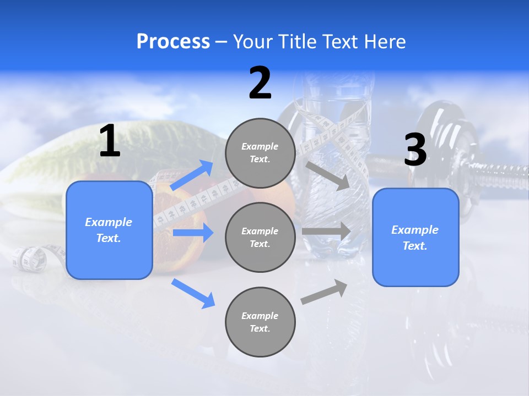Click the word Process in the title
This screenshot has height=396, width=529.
point(173,42)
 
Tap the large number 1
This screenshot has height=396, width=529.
point(110,141)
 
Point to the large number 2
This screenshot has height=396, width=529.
point(260,83)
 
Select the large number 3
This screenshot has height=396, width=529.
point(415,150)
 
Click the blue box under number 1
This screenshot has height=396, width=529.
point(109,230)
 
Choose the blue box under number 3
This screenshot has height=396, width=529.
point(415,237)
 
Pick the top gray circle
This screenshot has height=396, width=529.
point(260,153)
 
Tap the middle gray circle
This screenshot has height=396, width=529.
point(260,237)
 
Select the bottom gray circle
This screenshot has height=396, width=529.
point(260,322)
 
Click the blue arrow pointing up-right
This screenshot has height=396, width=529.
point(192,175)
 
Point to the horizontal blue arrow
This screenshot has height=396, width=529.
point(193,233)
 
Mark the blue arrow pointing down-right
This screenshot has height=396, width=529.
point(193,293)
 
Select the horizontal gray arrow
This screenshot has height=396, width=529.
point(326,232)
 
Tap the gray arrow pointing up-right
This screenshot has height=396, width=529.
point(325,292)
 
